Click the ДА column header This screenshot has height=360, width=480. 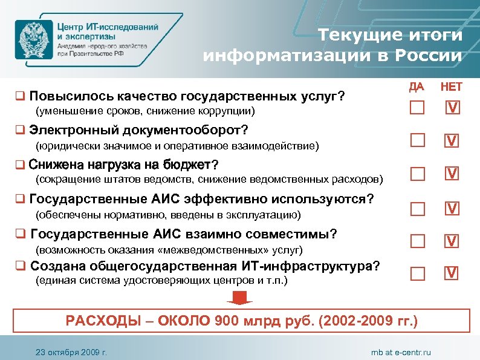(x=416, y=87)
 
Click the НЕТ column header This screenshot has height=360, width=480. (x=452, y=87)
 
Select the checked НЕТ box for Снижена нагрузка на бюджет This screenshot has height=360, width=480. (x=452, y=174)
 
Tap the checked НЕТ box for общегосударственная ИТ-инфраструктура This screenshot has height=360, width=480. (x=452, y=273)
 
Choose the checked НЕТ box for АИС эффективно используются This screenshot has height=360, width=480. (x=452, y=209)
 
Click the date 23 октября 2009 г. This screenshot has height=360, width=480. (x=71, y=352)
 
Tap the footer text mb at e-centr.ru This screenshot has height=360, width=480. (x=401, y=352)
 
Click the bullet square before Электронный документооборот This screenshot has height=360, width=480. (x=21, y=130)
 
